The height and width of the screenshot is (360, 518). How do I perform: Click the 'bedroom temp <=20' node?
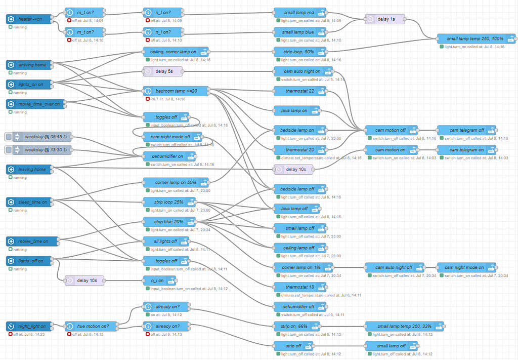coord(176,91)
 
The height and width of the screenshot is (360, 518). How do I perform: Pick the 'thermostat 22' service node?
coord(300,91)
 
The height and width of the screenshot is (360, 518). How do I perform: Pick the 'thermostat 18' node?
coord(300,287)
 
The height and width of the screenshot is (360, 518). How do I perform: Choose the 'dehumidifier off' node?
coord(300,306)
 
